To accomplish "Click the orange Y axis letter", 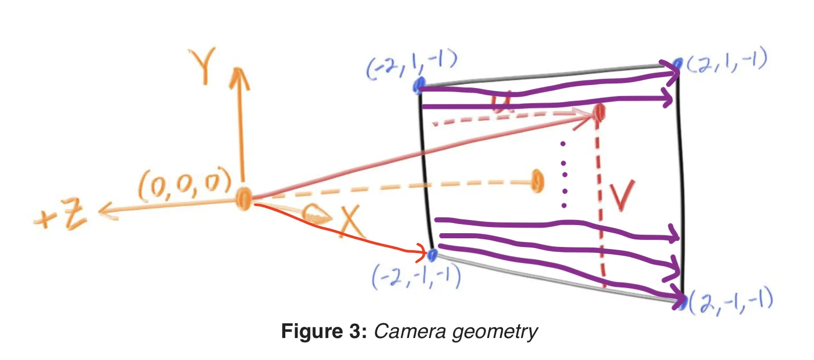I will click(x=202, y=65).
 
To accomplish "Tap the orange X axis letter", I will click(x=352, y=221).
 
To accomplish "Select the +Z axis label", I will click(x=60, y=215).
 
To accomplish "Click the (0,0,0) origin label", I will click(x=185, y=186).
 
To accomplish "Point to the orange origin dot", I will click(x=244, y=198).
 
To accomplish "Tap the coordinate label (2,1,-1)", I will click(x=727, y=61).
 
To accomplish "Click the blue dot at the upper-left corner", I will click(x=419, y=84).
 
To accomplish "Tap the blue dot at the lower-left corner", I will click(x=432, y=254).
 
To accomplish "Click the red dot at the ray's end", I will click(x=599, y=112).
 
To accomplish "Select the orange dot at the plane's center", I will click(x=536, y=181).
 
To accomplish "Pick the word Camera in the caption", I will click(x=409, y=331).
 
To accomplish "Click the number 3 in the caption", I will click(x=356, y=331).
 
